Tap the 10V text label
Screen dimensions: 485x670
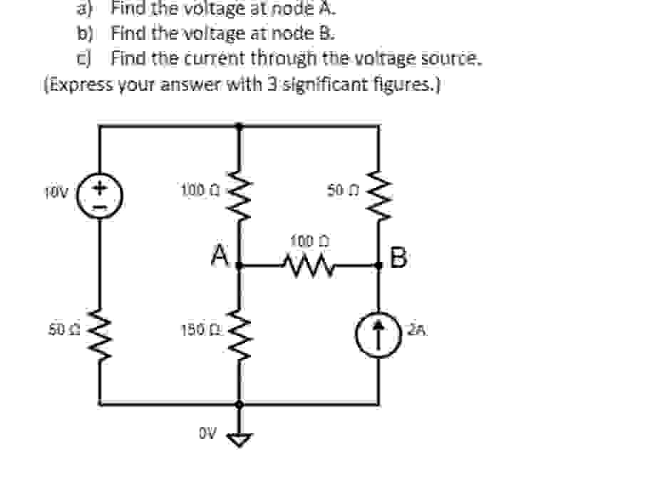(x=55, y=192)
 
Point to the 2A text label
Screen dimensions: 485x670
(x=418, y=329)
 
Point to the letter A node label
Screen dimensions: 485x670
(x=220, y=254)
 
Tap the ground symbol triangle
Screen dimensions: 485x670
(x=239, y=439)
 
